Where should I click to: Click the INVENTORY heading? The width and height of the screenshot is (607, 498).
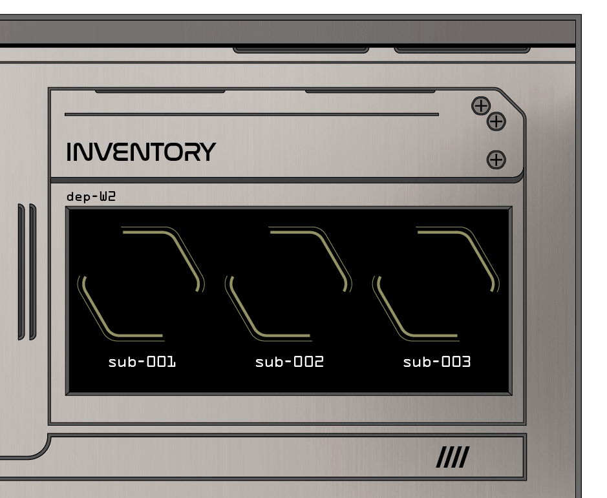pos(141,152)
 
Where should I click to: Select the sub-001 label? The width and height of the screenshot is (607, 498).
pos(142,362)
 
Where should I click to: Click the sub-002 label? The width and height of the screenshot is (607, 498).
pos(289,362)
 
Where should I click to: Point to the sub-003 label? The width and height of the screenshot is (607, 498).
pos(436,362)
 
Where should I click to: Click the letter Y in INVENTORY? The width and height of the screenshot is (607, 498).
pos(207,152)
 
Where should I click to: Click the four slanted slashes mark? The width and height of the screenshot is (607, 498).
pos(452,459)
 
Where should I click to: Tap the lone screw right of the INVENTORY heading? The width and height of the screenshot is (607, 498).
pos(496,160)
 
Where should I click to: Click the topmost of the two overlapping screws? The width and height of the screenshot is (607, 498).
pos(480,105)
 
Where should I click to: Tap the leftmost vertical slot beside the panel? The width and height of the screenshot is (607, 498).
pos(21,272)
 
